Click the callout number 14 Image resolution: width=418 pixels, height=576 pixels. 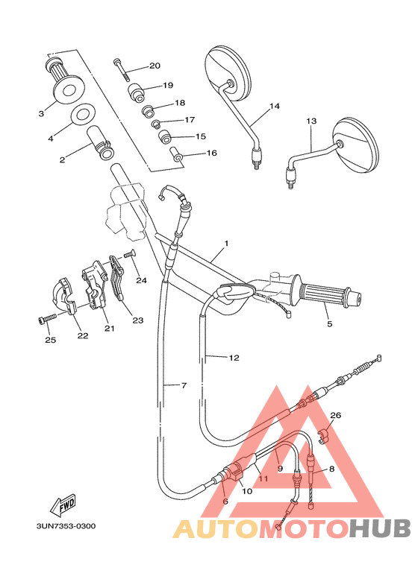tap(274, 107)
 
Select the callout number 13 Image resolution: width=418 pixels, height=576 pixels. tap(311, 121)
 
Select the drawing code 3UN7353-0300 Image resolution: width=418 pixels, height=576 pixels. tap(66, 526)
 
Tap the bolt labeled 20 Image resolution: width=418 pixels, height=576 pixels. tap(122, 69)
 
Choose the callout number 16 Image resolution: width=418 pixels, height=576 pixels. tap(211, 153)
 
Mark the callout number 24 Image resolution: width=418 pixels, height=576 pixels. tap(142, 281)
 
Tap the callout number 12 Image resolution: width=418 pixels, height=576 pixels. tap(234, 358)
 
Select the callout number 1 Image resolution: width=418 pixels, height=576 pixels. tap(226, 244)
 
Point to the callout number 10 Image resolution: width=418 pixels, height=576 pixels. tap(247, 491)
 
